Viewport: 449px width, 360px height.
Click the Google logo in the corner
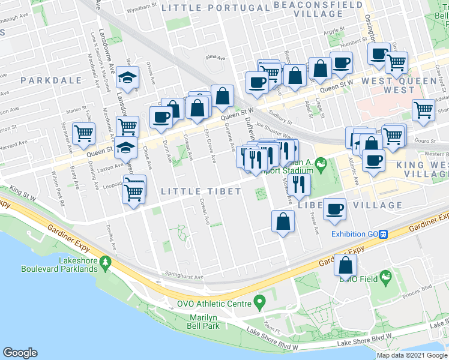click(20, 353)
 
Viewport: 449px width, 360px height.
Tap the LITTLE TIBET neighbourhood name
click(202, 191)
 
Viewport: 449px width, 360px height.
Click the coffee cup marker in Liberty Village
click(334, 208)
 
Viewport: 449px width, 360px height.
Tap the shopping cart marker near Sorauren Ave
click(83, 133)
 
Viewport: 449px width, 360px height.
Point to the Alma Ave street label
click(215, 58)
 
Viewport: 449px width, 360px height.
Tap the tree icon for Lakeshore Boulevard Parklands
click(106, 262)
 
